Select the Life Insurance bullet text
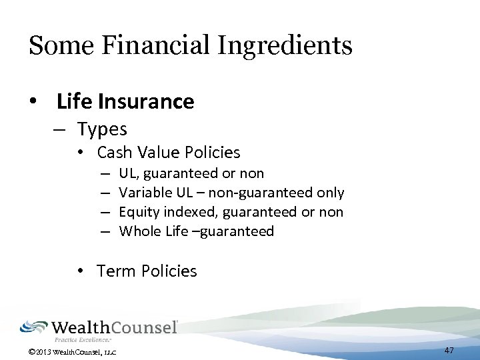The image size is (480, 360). tap(125, 101)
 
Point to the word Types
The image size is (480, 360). tap(101, 128)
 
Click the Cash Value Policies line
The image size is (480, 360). tap(168, 153)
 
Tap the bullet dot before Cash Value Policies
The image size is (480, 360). tap(79, 153)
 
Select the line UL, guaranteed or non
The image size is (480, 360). tap(191, 173)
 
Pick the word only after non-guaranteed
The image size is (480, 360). tap(331, 193)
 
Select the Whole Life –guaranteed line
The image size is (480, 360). tap(196, 231)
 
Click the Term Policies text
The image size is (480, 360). tap(147, 271)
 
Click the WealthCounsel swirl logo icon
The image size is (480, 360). tap(33, 327)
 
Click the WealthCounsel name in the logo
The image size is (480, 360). tap(114, 327)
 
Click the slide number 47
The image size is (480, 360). tap(449, 350)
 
